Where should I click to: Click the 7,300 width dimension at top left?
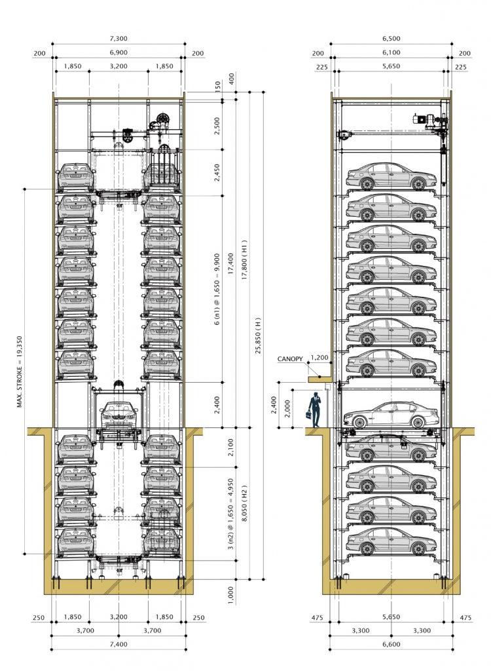coord(118,39)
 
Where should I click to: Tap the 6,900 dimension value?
coord(118,52)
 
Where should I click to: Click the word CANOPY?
coord(290,359)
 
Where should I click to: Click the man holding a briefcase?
coord(314,410)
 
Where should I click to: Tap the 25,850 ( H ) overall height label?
coord(257,335)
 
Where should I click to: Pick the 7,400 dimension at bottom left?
coord(118,644)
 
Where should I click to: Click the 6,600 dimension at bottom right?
coord(391,644)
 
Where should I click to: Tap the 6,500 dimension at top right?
coord(391,39)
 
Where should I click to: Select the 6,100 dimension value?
coord(391,52)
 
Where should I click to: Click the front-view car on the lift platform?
coord(119,415)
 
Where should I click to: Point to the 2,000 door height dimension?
coord(287,408)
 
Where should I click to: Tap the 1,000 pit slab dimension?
coord(231,595)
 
